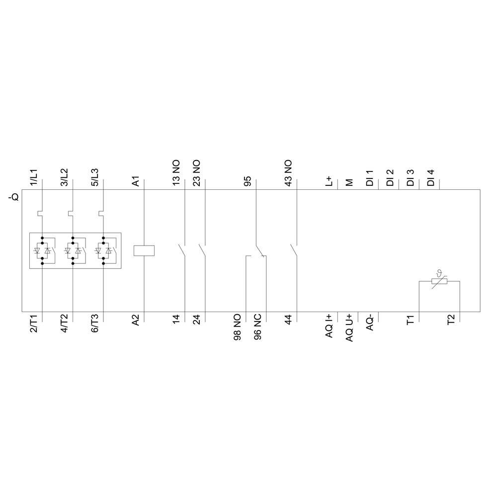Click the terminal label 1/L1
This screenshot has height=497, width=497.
coord(34,177)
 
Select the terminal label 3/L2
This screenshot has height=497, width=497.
coord(65,177)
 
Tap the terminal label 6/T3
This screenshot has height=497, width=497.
coord(95,324)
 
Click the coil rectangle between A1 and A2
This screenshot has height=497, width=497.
coord(144,250)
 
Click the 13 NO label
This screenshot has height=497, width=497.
coord(176,173)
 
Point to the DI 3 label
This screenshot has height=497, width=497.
coord(411,178)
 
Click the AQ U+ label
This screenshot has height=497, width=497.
coord(349,328)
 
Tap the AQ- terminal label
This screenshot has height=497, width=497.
coord(370,324)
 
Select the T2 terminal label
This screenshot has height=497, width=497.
coord(451,321)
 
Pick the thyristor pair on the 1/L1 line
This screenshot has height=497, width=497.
coord(42,250)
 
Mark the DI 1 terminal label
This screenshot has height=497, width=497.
coord(370,178)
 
